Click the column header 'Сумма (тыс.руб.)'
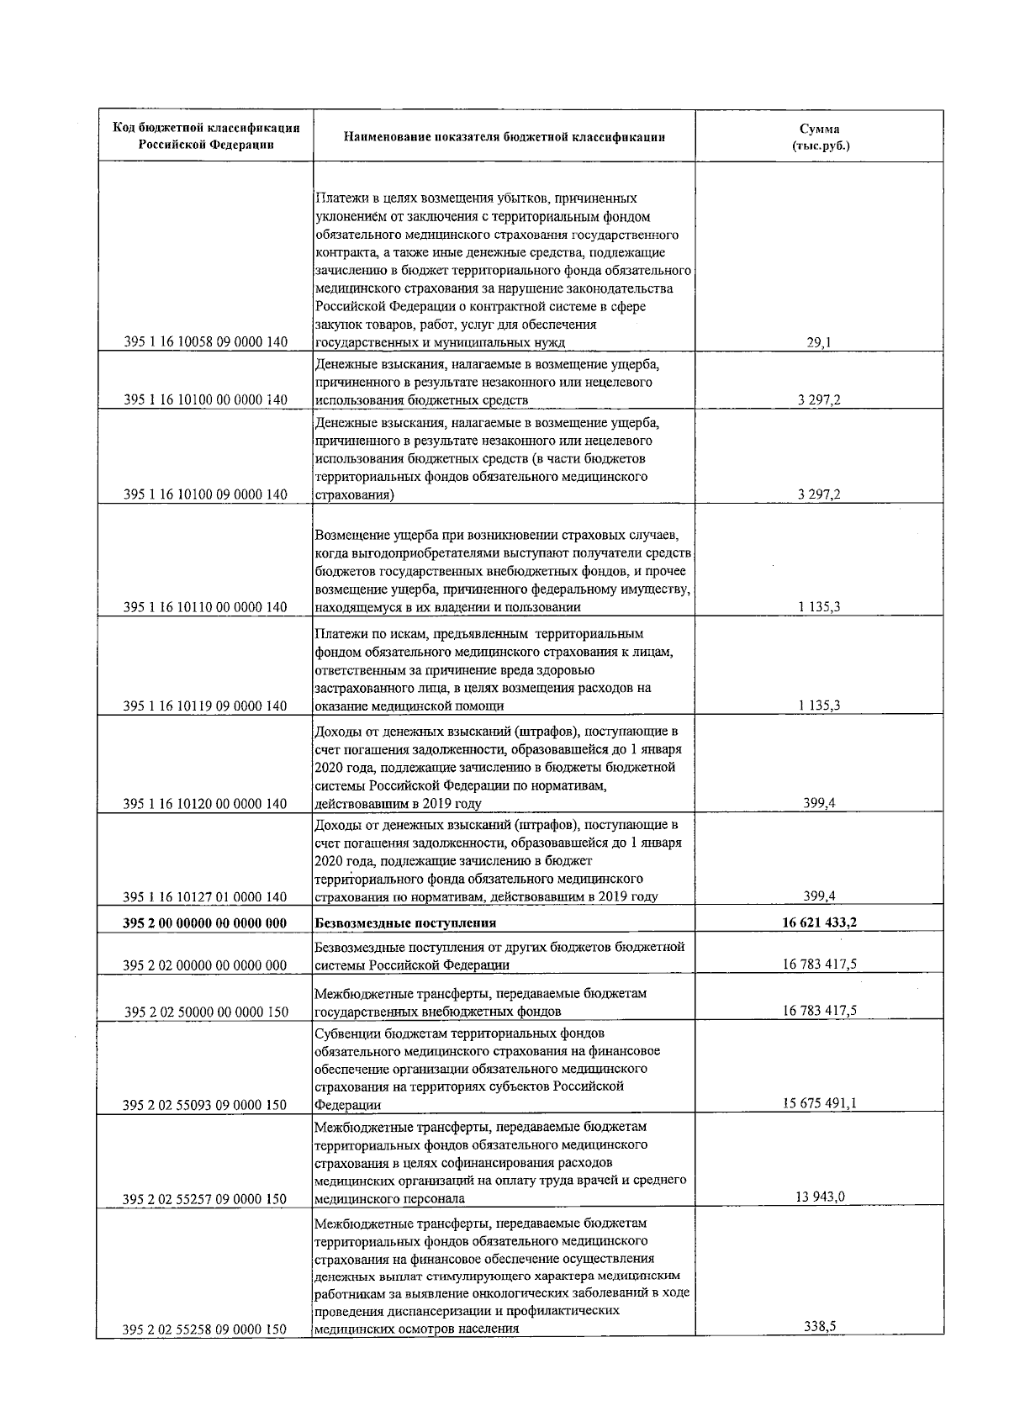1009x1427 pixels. point(819,137)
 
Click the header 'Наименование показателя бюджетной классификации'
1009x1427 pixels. point(504,137)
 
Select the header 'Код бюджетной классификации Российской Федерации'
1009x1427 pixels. point(206,137)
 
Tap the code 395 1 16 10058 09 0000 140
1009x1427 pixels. point(206,342)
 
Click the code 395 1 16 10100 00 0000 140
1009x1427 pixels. point(206,400)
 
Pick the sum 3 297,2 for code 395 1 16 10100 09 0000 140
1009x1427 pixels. point(819,494)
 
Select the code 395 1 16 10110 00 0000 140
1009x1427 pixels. point(206,607)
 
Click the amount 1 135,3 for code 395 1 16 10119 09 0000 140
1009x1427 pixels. point(819,706)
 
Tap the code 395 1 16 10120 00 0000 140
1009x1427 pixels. point(206,804)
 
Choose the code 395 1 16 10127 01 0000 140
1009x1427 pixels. point(206,896)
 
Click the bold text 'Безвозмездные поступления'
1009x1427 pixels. point(405,922)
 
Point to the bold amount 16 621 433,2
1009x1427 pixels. point(819,922)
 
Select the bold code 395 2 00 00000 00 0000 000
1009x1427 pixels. point(206,922)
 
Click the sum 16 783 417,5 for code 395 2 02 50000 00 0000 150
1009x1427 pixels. point(819,1011)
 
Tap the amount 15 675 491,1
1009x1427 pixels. point(819,1104)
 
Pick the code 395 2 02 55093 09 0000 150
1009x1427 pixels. point(206,1105)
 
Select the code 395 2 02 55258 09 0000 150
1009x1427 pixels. point(206,1329)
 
